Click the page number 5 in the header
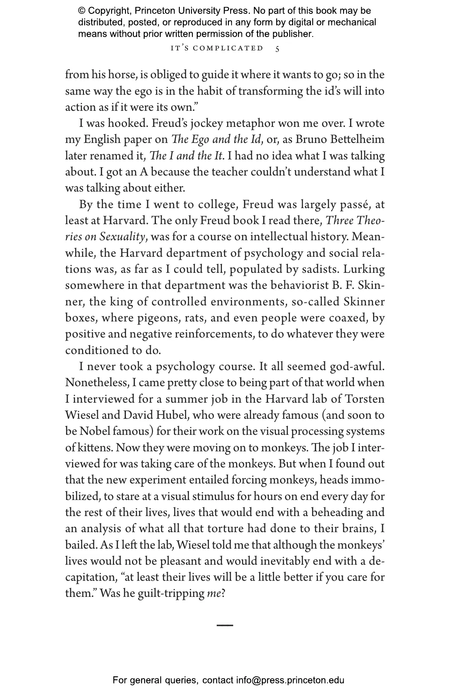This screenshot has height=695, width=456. (x=278, y=49)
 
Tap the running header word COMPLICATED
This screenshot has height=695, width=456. (x=228, y=48)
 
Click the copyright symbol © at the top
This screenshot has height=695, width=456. (x=82, y=11)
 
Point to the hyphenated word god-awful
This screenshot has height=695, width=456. (x=357, y=367)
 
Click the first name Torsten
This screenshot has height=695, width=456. (x=365, y=399)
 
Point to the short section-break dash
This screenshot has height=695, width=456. (x=225, y=625)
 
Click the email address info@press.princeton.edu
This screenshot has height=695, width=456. (x=290, y=680)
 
